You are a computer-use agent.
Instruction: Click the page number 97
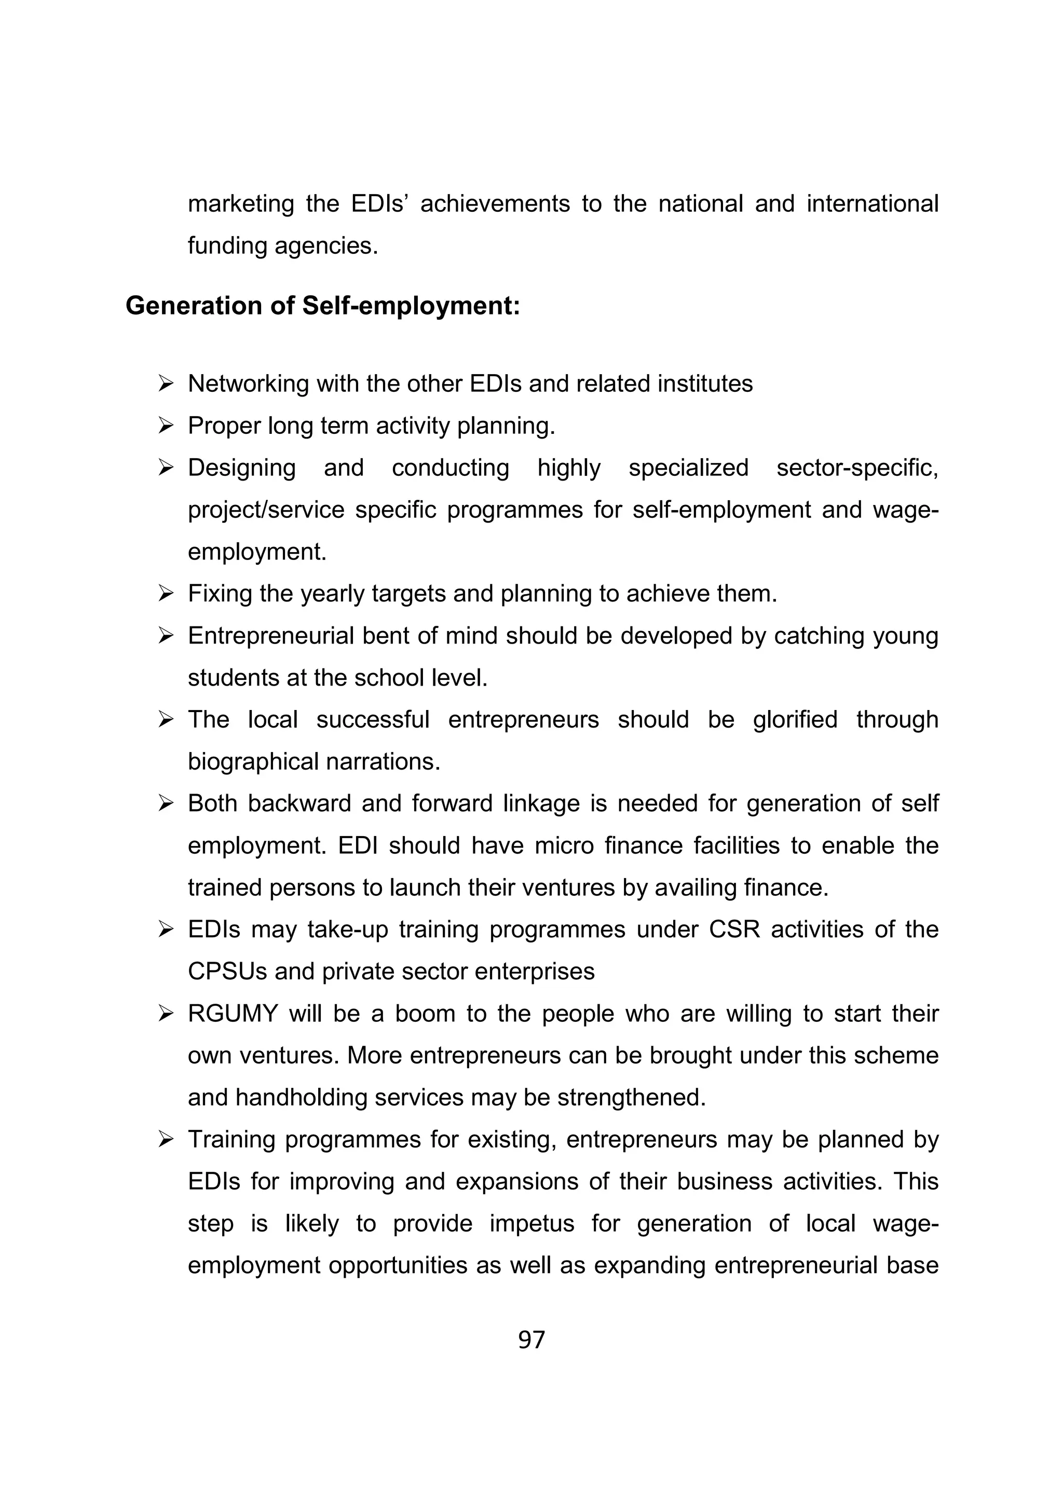(531, 1340)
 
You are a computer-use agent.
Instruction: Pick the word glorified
(795, 720)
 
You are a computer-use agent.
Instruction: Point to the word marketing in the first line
(241, 204)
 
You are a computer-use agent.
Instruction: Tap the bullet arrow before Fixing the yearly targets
(166, 594)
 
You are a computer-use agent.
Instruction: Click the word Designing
(242, 468)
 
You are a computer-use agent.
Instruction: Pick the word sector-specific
(857, 468)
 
